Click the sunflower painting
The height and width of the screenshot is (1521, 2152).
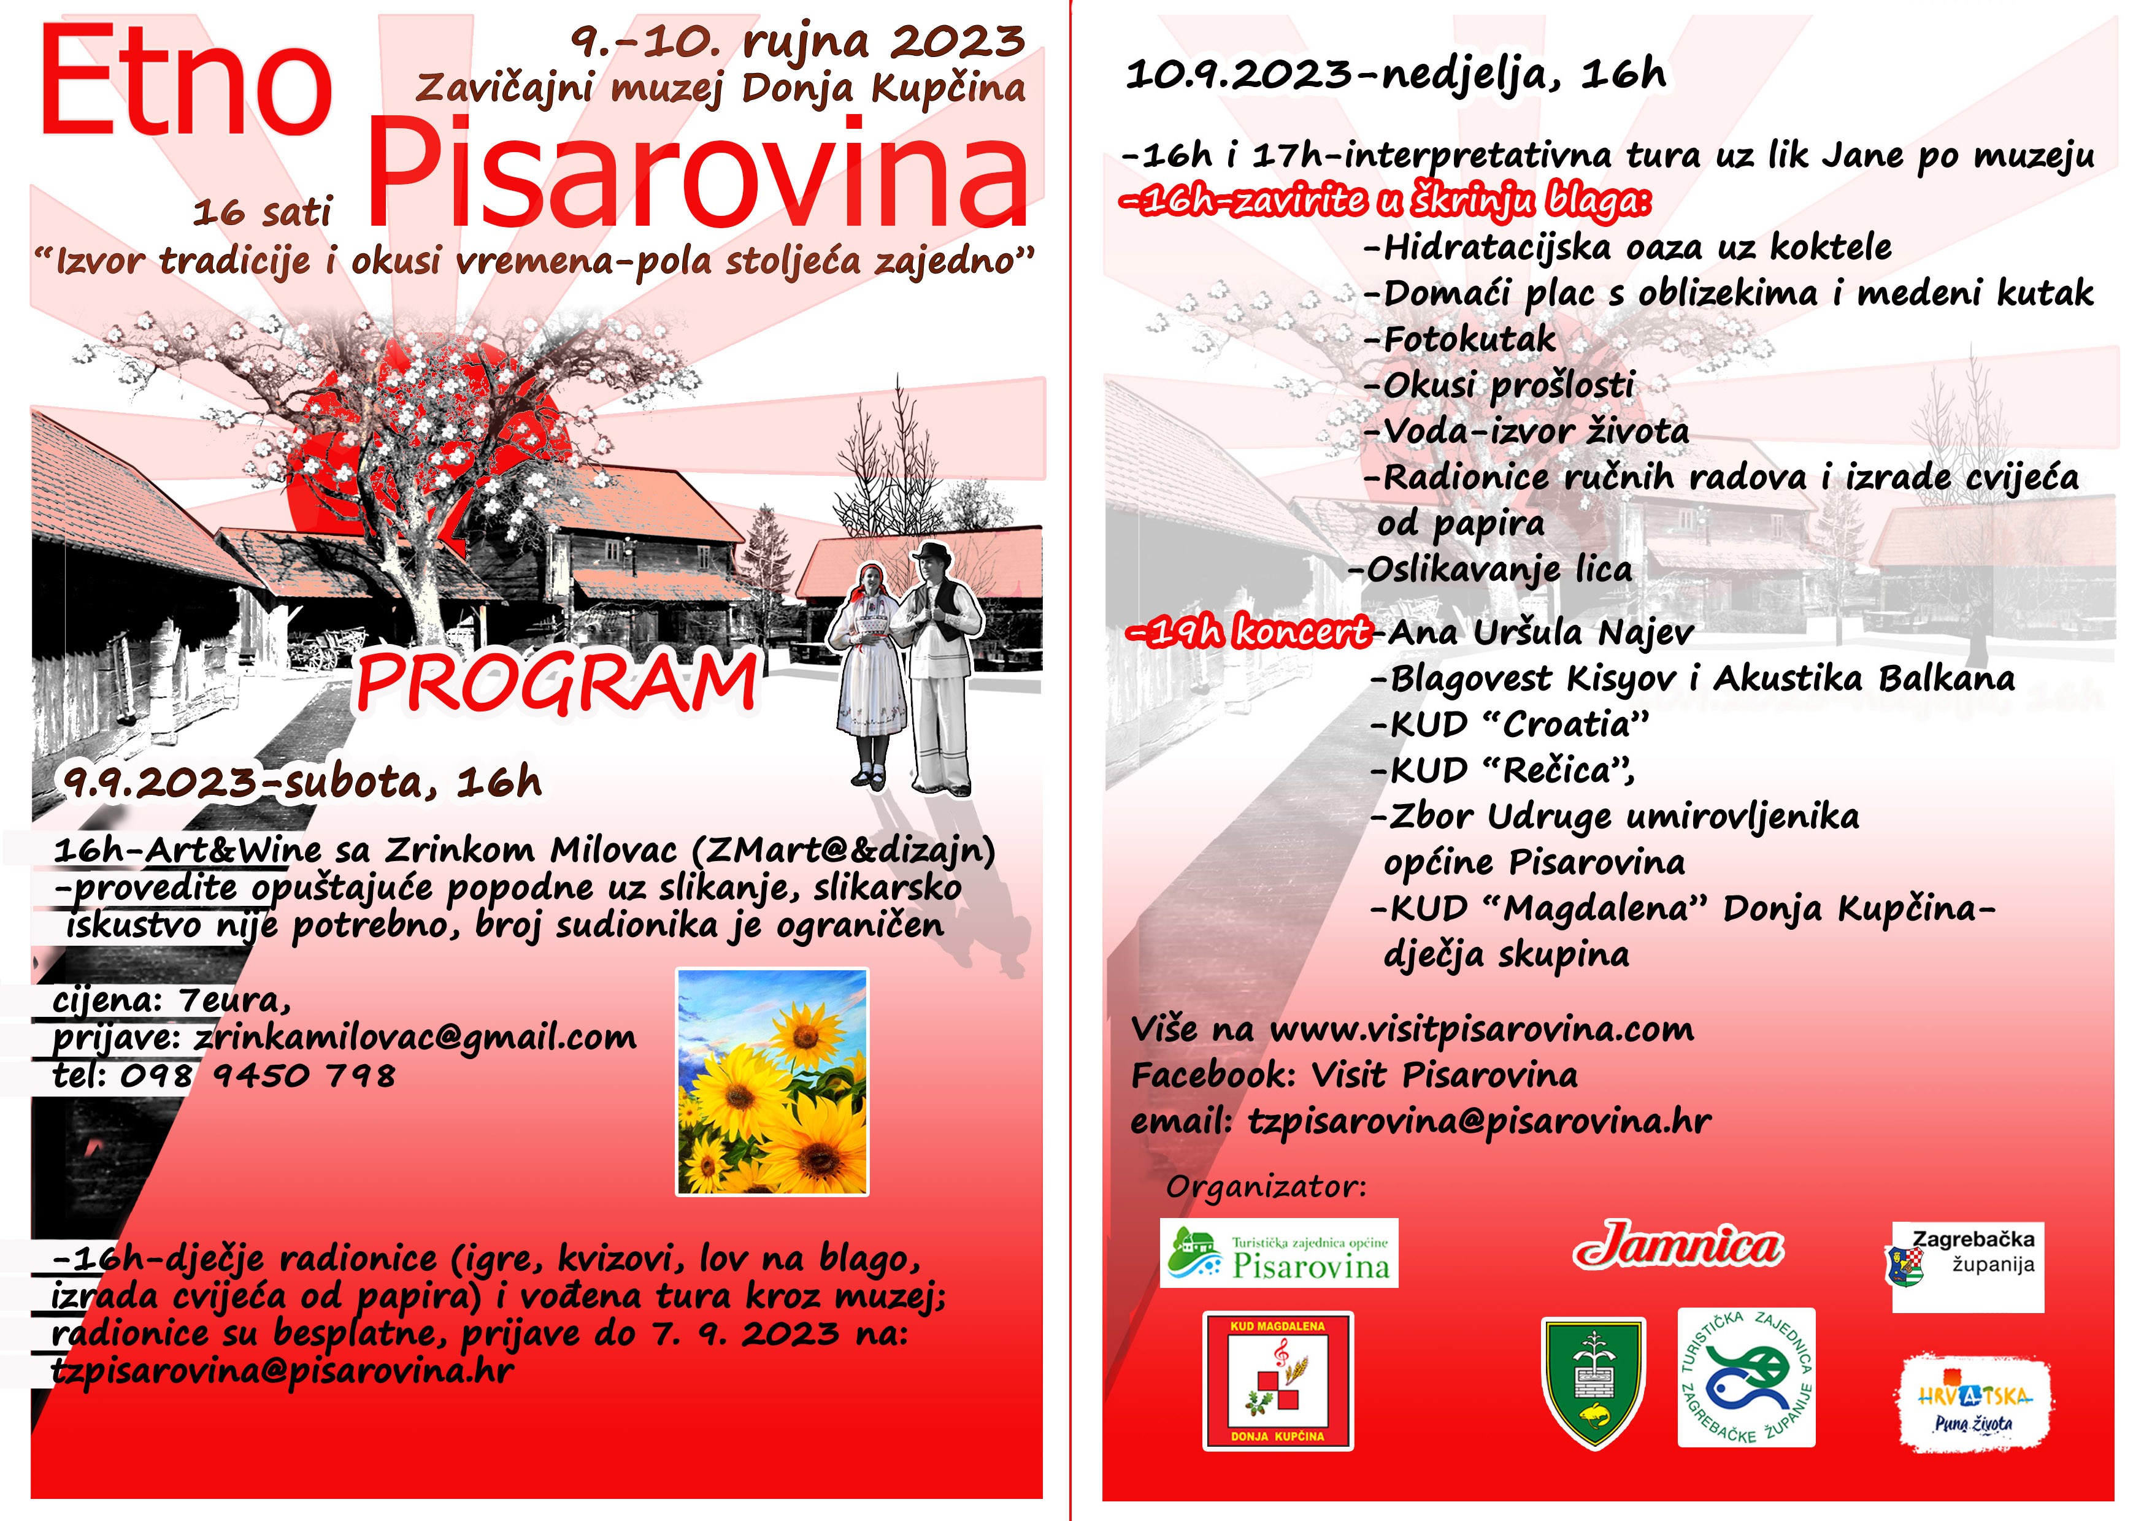[x=772, y=1081]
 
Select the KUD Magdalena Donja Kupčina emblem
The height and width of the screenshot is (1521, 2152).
[x=1277, y=1381]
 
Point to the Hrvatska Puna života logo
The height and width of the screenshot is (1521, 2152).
[x=1975, y=1403]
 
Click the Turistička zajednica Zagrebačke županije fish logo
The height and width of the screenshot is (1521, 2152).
[x=1746, y=1377]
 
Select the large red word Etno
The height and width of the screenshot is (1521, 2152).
[x=186, y=82]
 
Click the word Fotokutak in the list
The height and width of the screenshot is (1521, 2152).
[x=1469, y=339]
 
